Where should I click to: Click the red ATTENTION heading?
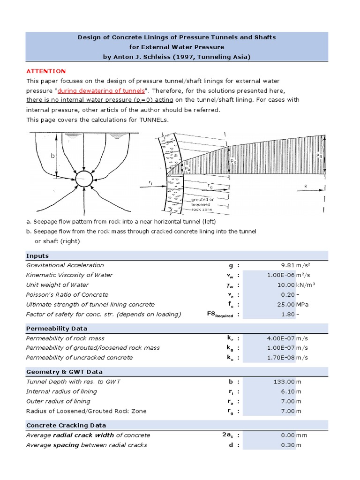click(x=46, y=71)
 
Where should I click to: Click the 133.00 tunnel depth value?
click(x=284, y=382)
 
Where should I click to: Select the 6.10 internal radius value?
click(x=287, y=391)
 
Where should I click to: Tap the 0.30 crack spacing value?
click(x=287, y=445)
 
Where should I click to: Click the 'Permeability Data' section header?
click(x=56, y=329)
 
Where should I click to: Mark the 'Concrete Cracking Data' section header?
click(x=66, y=426)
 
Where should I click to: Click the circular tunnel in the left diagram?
click(x=84, y=179)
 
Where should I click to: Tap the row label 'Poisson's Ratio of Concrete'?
click(x=67, y=295)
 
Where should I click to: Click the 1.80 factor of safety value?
click(x=288, y=314)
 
